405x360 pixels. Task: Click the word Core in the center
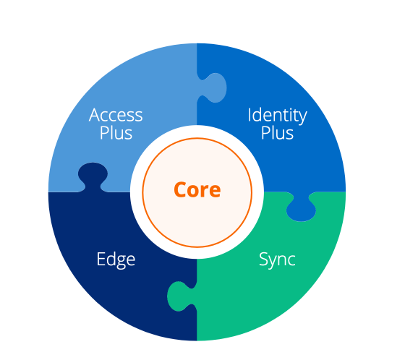(x=197, y=189)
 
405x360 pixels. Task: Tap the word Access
(x=116, y=115)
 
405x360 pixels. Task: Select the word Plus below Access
(x=116, y=133)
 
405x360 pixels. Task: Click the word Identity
(x=278, y=116)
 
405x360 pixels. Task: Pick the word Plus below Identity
(x=277, y=133)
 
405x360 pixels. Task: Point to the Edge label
(x=116, y=260)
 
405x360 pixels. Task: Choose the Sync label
(x=277, y=260)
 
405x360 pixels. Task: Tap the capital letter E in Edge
(x=101, y=259)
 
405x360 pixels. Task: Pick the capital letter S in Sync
(x=263, y=259)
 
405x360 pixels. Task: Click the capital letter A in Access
(x=95, y=115)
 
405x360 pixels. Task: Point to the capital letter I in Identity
(x=250, y=115)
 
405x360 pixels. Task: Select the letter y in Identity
(x=302, y=119)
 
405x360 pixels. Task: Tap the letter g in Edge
(x=121, y=262)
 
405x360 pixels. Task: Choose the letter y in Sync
(x=275, y=262)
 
